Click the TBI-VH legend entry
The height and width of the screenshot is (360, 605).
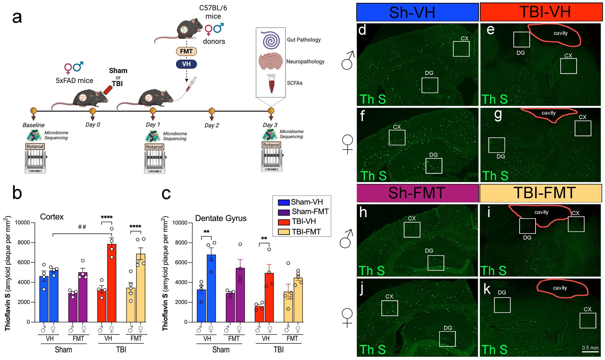tap(303, 222)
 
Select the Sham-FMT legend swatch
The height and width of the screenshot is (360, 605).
tap(284, 212)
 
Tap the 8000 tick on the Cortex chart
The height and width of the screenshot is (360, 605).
tap(24, 243)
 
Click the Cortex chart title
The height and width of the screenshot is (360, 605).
tap(52, 217)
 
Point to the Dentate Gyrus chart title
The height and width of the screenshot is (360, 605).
tap(221, 218)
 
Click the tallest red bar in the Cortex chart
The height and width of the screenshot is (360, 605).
tap(112, 283)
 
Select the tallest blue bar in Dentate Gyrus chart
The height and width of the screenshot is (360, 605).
tap(211, 288)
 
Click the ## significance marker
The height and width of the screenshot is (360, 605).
tap(82, 227)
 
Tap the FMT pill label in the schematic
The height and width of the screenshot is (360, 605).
tap(186, 52)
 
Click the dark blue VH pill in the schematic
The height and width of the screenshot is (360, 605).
tap(186, 64)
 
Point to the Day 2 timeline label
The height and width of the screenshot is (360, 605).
tap(212, 125)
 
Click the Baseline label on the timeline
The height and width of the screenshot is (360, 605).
tap(33, 125)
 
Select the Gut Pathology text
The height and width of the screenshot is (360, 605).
tap(304, 40)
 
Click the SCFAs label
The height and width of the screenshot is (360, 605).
tap(295, 83)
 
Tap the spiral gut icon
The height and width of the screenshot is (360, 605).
tap(271, 40)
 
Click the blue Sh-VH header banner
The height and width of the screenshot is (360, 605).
tap(417, 12)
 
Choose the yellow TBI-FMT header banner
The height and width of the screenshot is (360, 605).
tap(541, 193)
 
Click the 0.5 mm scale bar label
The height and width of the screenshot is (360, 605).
tap(590, 348)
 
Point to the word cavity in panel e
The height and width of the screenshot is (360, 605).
tap(560, 33)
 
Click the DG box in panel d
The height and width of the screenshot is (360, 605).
tap(430, 85)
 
